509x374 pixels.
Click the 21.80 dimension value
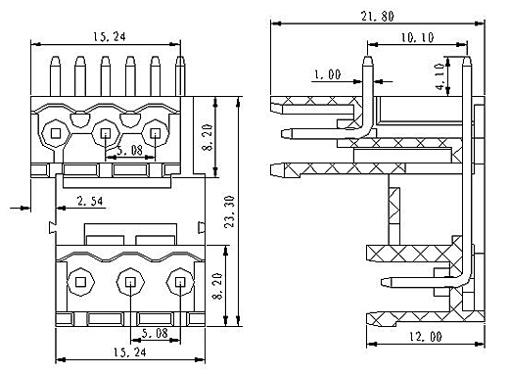click(377, 16)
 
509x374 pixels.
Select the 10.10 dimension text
click(417, 37)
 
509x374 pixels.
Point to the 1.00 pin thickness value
click(327, 74)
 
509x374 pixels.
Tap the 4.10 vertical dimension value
click(440, 77)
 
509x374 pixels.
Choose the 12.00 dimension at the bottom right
click(426, 337)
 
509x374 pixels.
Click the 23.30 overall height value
click(230, 211)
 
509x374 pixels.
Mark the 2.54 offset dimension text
click(90, 201)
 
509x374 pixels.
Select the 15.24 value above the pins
click(110, 36)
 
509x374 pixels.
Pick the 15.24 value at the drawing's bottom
click(129, 352)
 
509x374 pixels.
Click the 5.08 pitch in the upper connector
click(129, 151)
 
